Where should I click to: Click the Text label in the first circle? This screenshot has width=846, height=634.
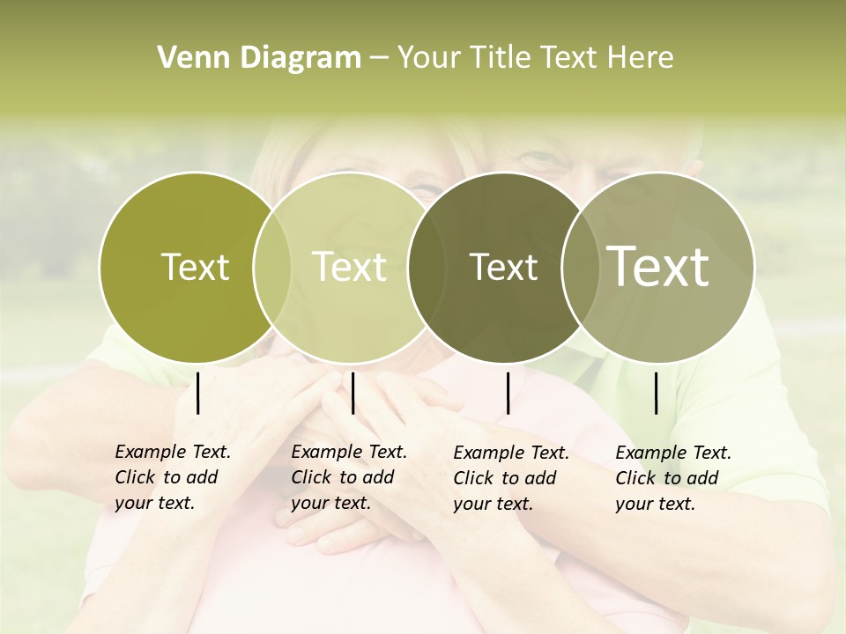click(x=195, y=267)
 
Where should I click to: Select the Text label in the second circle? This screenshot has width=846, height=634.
click(x=350, y=267)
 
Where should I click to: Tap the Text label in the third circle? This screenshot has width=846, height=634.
click(x=503, y=267)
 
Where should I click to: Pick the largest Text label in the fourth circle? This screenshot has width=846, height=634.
click(x=658, y=267)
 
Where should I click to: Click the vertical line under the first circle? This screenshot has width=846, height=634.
click(x=198, y=393)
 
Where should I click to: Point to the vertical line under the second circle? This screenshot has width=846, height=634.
click(x=352, y=393)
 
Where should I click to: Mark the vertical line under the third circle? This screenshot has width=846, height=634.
click(x=508, y=393)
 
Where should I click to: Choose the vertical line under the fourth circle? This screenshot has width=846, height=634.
click(x=657, y=393)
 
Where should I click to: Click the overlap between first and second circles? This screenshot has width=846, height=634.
click(x=272, y=268)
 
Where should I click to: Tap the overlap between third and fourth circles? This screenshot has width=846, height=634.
click(x=581, y=268)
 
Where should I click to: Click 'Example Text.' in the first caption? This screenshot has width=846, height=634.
click(x=173, y=452)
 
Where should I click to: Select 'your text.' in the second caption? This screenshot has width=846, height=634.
click(x=330, y=504)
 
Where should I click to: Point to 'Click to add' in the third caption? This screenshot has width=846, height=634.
click(x=504, y=478)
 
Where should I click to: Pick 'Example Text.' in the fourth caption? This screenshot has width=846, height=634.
click(x=673, y=453)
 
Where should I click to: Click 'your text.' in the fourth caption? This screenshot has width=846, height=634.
click(x=655, y=505)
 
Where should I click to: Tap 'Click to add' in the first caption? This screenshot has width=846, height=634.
click(x=166, y=477)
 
